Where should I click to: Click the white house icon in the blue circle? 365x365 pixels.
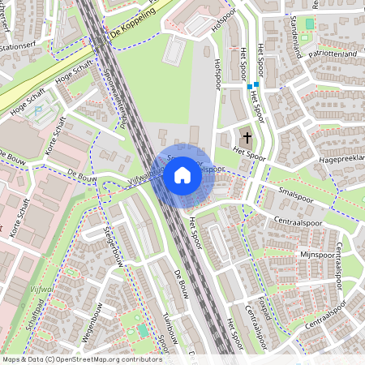[182, 174]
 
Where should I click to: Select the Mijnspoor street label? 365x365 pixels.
[316, 254]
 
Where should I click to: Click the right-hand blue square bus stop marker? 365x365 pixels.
[256, 84]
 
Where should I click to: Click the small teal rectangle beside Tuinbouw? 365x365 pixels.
[143, 330]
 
